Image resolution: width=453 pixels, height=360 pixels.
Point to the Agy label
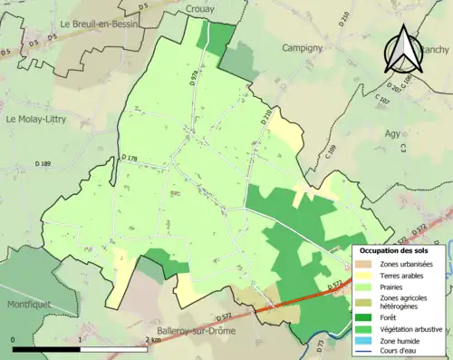[x=392, y=132]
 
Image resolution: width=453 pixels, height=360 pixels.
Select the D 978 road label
[x=194, y=78]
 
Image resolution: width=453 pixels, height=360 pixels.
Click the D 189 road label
[x=43, y=163]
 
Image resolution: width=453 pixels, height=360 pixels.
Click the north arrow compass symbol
[x=401, y=49]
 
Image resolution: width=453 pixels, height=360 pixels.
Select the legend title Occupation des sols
[x=399, y=249]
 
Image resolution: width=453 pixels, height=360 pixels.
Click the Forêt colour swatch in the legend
[x=366, y=316]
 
